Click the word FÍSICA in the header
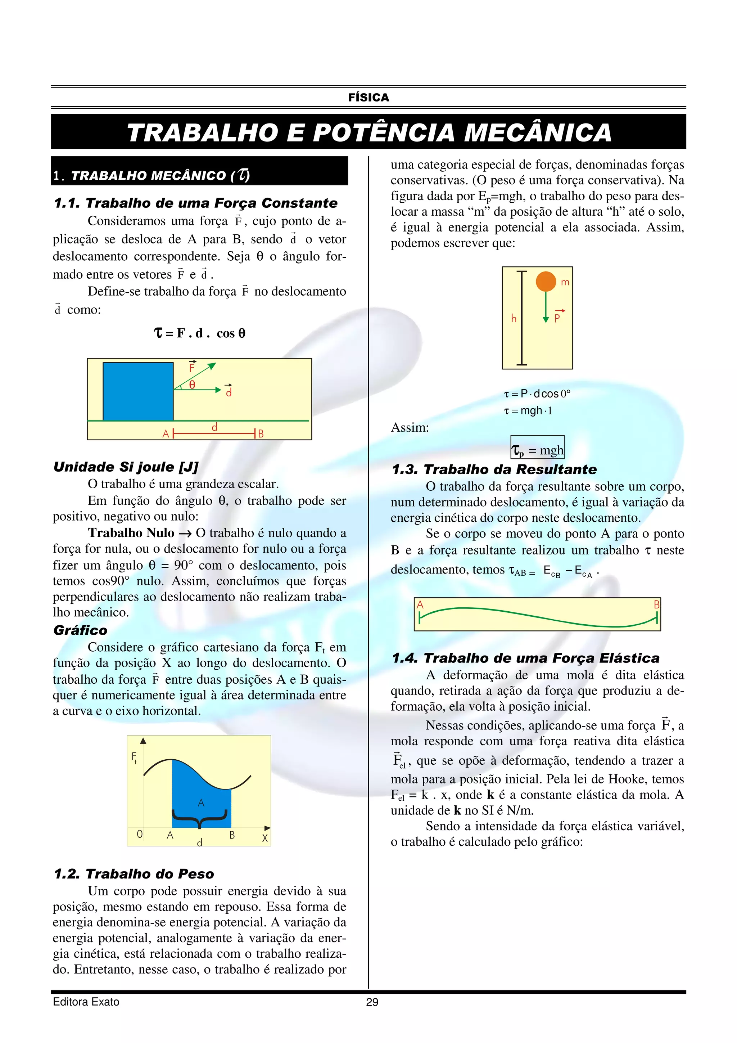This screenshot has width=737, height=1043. [x=368, y=98]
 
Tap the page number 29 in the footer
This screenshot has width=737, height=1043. [x=372, y=1002]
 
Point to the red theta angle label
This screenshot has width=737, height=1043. [x=192, y=385]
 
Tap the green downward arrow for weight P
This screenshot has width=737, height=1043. [x=546, y=309]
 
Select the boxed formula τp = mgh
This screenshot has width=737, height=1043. [x=537, y=450]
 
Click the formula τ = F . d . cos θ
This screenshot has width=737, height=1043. [x=200, y=333]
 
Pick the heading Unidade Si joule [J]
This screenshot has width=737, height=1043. [x=126, y=467]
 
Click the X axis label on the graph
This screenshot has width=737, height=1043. [x=265, y=838]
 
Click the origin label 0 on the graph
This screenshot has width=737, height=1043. [x=139, y=834]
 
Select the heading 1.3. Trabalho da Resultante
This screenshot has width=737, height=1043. [x=494, y=469]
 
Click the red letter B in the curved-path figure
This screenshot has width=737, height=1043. [x=656, y=604]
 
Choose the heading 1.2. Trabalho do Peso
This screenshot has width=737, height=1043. [x=134, y=873]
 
